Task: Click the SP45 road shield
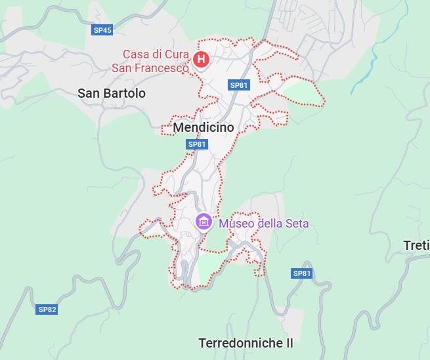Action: (102, 30)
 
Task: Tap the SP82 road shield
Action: (47, 310)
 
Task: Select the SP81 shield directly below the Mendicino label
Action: (197, 144)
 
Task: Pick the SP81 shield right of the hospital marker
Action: (239, 85)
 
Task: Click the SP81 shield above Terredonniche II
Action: (302, 273)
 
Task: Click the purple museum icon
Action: (204, 222)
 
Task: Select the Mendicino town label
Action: (204, 128)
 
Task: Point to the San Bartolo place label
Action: (112, 93)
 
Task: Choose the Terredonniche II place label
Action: (246, 343)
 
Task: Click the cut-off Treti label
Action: (416, 246)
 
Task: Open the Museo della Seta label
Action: (263, 224)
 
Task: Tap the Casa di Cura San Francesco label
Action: (156, 60)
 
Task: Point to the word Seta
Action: (295, 224)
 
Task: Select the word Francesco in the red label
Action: (163, 67)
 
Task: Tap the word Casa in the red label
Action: (137, 54)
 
